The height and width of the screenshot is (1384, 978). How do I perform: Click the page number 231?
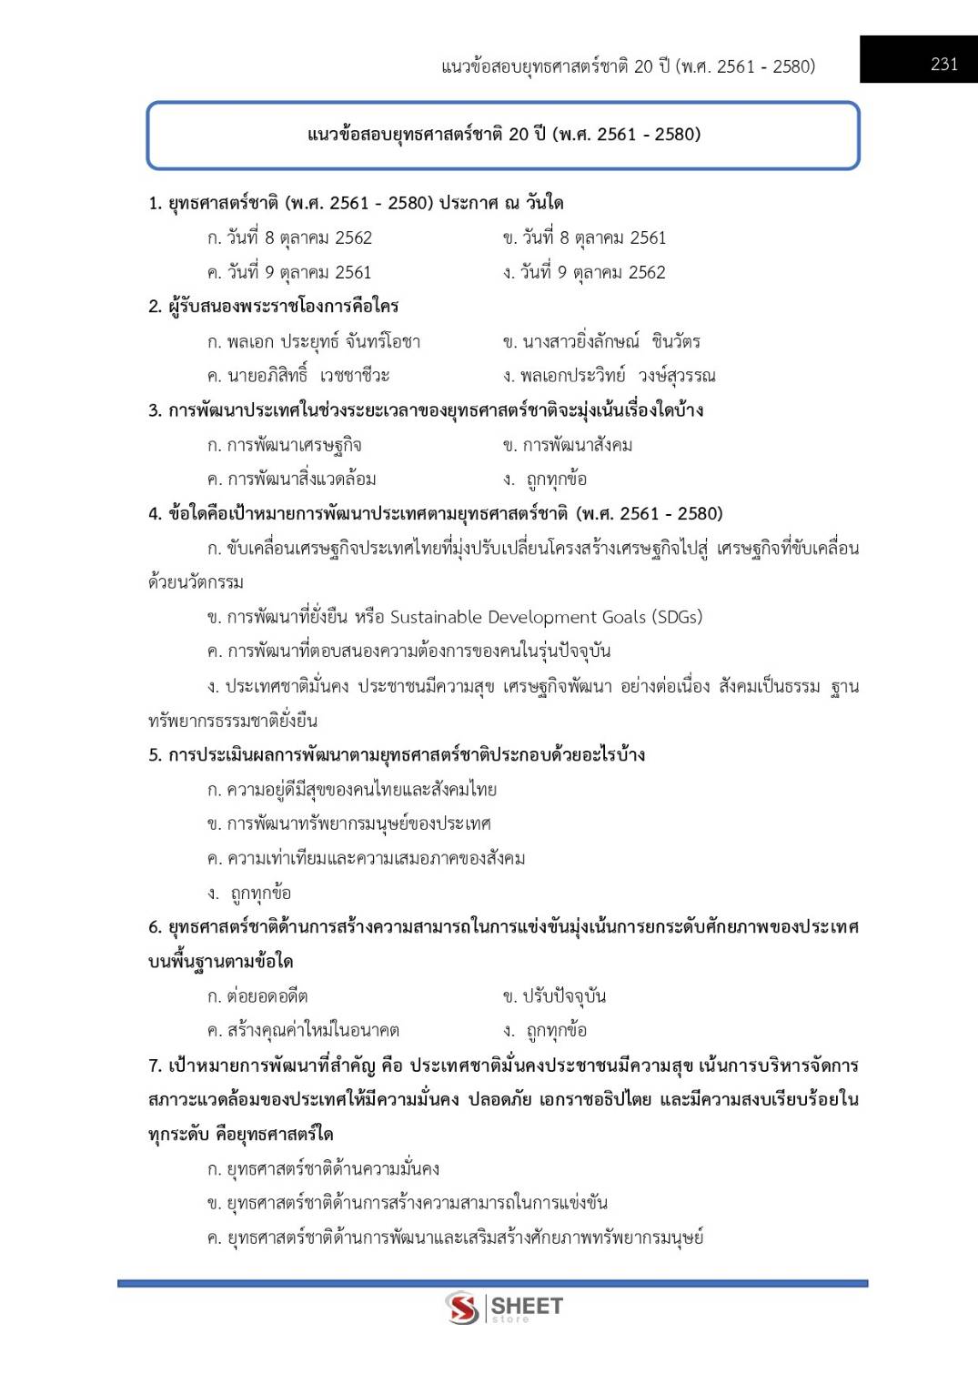943,65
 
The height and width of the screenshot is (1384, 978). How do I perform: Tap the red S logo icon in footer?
462,1308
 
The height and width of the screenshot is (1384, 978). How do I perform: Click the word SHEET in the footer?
527,1307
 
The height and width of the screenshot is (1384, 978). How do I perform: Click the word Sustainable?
436,617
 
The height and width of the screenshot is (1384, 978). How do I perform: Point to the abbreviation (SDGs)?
677,617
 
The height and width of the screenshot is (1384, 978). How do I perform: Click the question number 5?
155,755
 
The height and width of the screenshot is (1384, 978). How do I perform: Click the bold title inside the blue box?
503,135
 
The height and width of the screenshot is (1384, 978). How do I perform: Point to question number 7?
155,1066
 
